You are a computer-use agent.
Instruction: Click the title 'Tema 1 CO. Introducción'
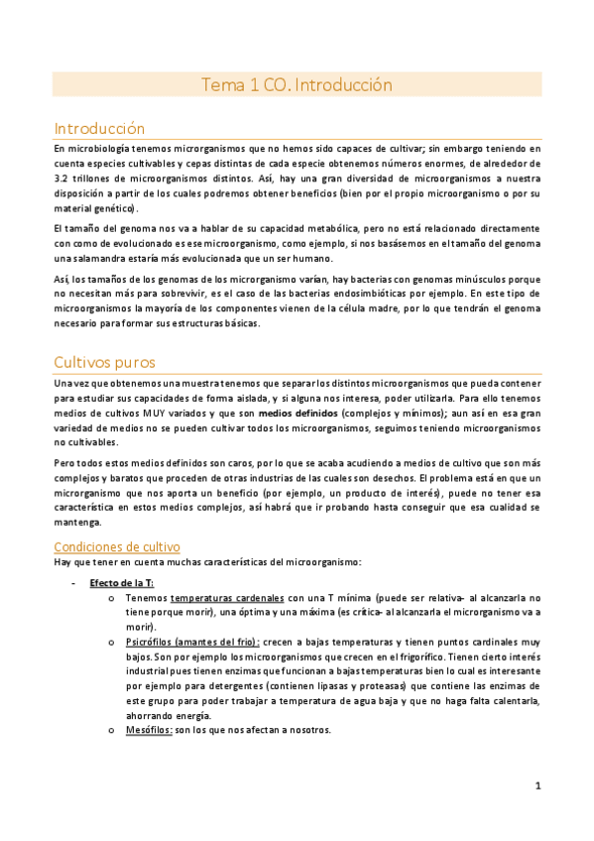pyautogui.click(x=297, y=85)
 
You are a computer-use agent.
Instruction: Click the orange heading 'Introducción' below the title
pyautogui.click(x=99, y=129)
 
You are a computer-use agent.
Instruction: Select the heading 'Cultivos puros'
pyautogui.click(x=104, y=362)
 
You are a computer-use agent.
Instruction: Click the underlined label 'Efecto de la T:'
pyautogui.click(x=122, y=582)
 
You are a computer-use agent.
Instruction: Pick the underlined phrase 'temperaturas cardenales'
pyautogui.click(x=227, y=598)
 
